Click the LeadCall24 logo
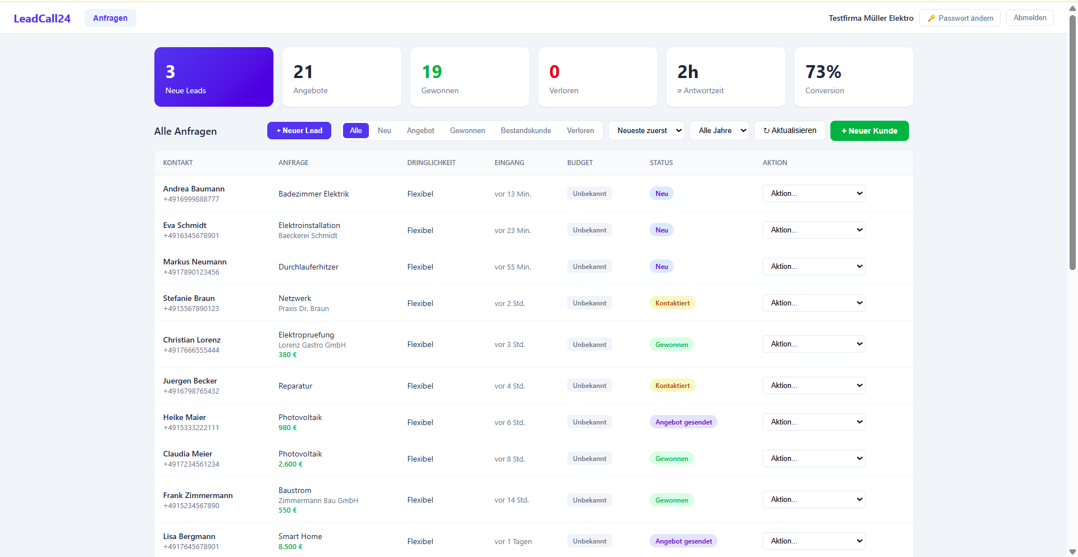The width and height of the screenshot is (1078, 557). [x=42, y=19]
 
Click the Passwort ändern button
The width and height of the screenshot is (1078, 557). [x=960, y=18]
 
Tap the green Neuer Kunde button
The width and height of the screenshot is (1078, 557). [x=869, y=131]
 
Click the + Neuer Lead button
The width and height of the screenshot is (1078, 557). [x=299, y=130]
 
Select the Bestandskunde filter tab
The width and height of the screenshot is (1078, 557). [x=526, y=130]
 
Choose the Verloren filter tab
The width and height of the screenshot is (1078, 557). [x=580, y=130]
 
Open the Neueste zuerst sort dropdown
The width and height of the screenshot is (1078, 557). [x=646, y=130]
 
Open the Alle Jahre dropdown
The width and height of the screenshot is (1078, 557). [x=719, y=130]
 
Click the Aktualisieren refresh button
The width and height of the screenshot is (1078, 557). [x=789, y=130]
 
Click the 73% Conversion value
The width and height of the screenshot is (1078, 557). [x=823, y=72]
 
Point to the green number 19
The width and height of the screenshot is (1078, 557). [x=432, y=72]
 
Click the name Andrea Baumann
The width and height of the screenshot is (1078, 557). [x=194, y=189]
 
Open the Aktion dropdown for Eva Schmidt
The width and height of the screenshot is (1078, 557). [x=814, y=230]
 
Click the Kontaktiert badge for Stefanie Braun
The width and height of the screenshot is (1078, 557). [x=672, y=303]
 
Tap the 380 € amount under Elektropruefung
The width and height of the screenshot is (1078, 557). [x=287, y=355]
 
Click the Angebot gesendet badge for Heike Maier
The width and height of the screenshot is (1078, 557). [x=683, y=422]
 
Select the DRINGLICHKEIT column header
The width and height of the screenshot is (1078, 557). [x=431, y=163]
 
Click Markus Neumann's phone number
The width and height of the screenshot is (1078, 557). [x=191, y=272]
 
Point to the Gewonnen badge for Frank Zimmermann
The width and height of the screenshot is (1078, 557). [x=672, y=500]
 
